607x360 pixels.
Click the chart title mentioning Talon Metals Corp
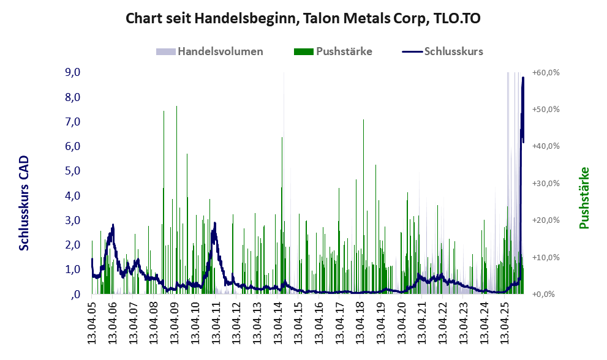[x=303, y=18]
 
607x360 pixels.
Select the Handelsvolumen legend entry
[x=220, y=51]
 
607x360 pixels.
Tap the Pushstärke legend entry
[x=344, y=51]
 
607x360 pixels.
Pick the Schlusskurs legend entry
[x=453, y=51]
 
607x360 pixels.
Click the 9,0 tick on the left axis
[x=72, y=72]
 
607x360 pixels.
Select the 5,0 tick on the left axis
[x=72, y=171]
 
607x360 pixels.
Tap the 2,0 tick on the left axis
[x=72, y=245]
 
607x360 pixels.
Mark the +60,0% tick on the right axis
[x=546, y=72]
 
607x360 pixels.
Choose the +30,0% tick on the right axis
[x=546, y=183]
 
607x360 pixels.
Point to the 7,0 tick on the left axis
[x=72, y=122]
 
